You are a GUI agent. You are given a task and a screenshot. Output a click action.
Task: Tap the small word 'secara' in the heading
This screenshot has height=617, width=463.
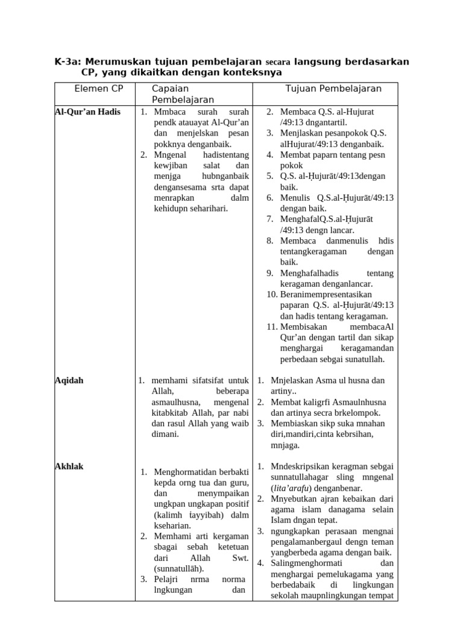click(x=278, y=62)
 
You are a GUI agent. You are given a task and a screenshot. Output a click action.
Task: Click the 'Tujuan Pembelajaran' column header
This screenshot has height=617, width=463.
click(x=333, y=88)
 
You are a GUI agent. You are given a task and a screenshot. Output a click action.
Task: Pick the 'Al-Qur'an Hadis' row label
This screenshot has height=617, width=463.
click(x=87, y=111)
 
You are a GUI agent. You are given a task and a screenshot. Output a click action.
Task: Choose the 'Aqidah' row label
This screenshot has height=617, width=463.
click(x=69, y=380)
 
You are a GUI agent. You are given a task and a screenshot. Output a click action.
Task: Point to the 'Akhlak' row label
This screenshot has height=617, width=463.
click(x=69, y=466)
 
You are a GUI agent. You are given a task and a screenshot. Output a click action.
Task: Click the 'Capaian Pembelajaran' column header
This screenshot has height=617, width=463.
click(x=183, y=94)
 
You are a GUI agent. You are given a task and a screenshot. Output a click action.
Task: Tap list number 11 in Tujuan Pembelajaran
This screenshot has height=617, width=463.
click(x=271, y=327)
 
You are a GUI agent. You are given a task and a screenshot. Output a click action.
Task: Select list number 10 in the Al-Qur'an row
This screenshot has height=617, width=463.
click(x=271, y=294)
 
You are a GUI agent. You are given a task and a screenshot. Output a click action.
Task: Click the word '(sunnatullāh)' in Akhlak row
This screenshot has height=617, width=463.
click(x=179, y=568)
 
